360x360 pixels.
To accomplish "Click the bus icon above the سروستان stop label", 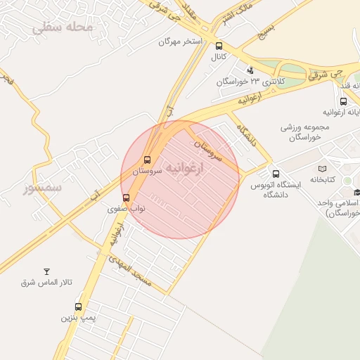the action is coord(147,160).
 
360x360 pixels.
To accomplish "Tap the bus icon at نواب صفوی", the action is coord(126,198).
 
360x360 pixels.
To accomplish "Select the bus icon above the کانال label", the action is coord(219,46).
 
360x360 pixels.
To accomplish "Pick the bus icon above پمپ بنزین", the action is coord(78,307).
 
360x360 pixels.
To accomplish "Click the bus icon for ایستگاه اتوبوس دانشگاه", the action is coord(276,174).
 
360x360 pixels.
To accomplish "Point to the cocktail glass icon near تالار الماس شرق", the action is coord(47,271).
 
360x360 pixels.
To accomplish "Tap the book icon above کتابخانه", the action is coord(322,169).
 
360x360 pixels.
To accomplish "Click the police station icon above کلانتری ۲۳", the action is coord(250,70).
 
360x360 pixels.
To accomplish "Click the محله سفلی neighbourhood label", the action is coord(63,27).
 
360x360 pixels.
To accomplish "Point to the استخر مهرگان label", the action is coord(179,41).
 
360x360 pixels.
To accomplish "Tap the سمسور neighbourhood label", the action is coord(42,188).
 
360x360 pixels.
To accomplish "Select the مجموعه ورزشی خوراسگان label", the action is coord(304,132).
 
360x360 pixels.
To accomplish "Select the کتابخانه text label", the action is coord(322,181).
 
